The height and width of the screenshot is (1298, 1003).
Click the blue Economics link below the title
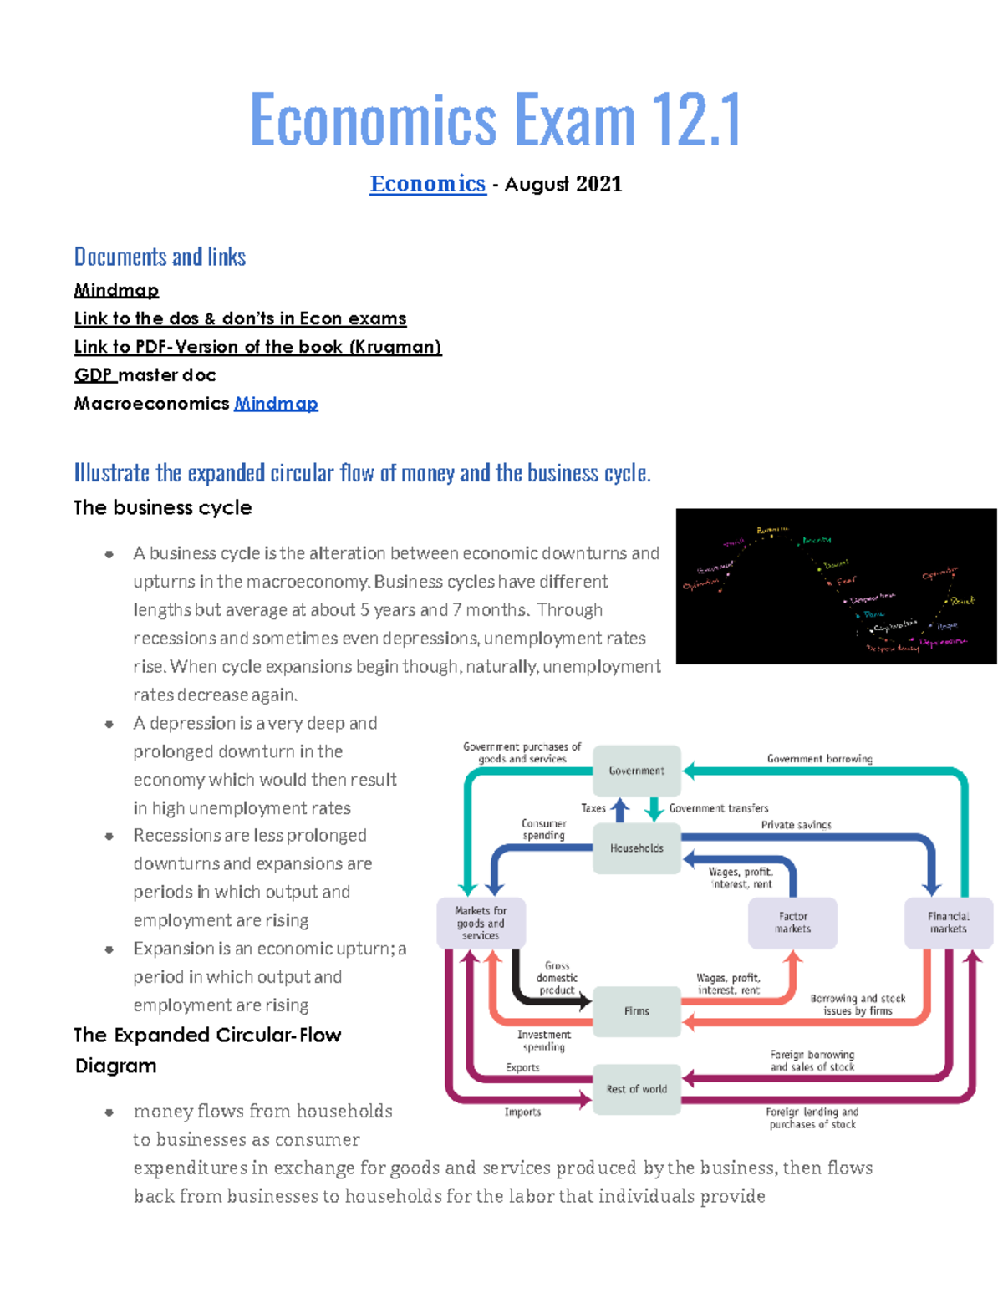click(427, 184)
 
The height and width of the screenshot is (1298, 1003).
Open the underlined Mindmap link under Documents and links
click(116, 290)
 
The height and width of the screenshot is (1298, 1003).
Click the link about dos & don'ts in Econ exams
click(240, 318)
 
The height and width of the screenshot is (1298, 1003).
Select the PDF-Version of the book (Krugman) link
click(257, 347)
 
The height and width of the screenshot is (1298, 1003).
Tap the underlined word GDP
click(94, 375)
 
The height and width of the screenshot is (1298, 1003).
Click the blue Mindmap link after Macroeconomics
click(276, 404)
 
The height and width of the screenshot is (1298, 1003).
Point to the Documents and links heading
click(160, 257)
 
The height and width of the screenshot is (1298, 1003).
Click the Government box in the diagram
click(636, 771)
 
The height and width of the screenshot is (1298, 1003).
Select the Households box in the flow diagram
click(636, 848)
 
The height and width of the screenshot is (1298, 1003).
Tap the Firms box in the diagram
click(636, 1011)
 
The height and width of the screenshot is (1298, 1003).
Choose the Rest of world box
click(636, 1089)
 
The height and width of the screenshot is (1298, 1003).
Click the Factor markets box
click(792, 923)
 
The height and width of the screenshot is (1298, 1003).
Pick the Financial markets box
click(948, 923)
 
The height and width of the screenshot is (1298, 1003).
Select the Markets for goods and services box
click(481, 923)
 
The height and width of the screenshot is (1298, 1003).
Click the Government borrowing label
click(819, 759)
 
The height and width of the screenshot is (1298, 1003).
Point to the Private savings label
click(796, 825)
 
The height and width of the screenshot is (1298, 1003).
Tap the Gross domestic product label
click(557, 978)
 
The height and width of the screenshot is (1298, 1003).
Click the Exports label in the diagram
click(522, 1068)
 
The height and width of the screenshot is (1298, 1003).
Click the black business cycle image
click(836, 586)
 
